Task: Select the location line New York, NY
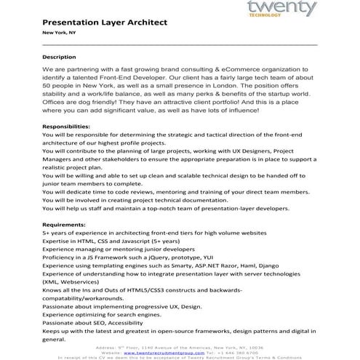click(x=59, y=33)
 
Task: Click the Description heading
click(x=59, y=57)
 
